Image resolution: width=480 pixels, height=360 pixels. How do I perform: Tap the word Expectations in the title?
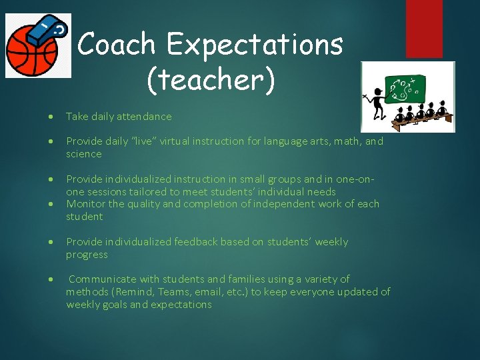point(255,45)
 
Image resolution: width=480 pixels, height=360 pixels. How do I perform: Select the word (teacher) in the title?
point(210,80)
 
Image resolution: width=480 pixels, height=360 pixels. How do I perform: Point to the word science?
point(84,154)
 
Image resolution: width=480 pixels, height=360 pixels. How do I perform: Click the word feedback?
point(197,242)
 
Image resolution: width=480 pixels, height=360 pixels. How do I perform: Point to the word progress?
point(87,255)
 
